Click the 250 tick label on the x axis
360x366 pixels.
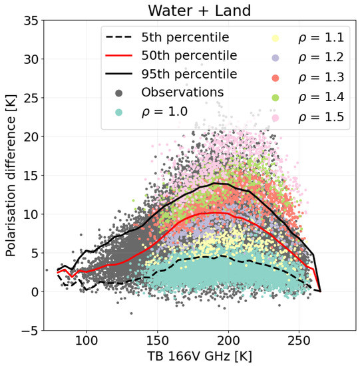(x=300, y=340)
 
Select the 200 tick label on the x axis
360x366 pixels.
(x=229, y=340)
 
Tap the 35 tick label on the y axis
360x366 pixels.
(x=29, y=21)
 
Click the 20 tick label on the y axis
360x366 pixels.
(x=29, y=136)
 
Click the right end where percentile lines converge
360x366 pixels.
(x=319, y=291)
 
